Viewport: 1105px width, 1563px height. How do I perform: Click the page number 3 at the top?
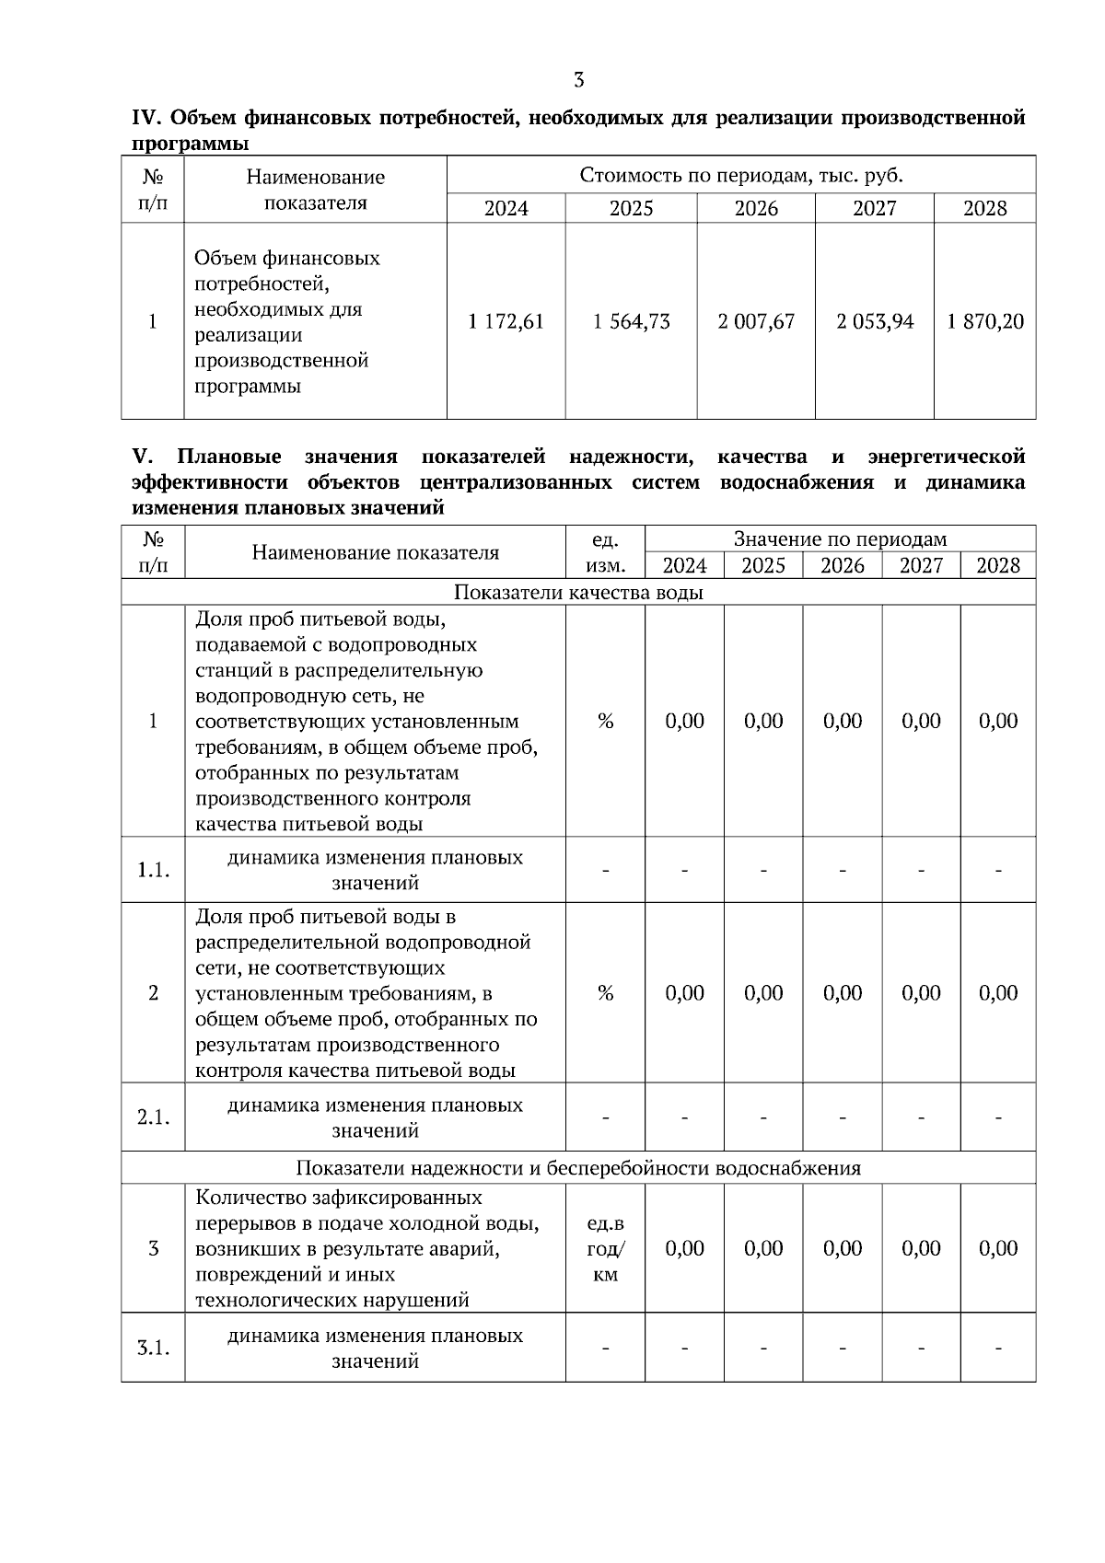[578, 80]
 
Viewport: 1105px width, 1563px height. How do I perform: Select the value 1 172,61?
[506, 321]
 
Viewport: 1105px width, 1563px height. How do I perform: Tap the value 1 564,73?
[631, 321]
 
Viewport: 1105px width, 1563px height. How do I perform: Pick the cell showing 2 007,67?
[756, 321]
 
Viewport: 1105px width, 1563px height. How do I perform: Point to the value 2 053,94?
[875, 321]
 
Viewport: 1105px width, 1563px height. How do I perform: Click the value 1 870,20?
[985, 321]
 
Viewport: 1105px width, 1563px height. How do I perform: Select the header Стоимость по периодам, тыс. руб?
[741, 175]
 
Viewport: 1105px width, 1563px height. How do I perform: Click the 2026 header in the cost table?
[756, 208]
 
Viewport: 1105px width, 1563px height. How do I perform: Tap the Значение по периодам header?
[840, 538]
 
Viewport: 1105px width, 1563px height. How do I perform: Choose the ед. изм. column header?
[605, 551]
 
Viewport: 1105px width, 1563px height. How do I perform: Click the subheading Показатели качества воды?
[578, 592]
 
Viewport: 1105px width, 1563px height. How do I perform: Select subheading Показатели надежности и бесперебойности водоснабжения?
[578, 1168]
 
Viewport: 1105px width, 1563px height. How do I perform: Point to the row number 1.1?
[153, 870]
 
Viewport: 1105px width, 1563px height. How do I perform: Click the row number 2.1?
[153, 1117]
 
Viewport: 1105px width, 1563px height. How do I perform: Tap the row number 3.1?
[153, 1349]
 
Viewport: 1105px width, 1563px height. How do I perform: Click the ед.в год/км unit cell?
[605, 1249]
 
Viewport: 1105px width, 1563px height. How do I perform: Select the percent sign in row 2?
[605, 992]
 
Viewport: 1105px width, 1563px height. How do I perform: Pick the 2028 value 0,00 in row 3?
[998, 1248]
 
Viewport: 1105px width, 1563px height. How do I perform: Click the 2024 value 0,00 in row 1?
[684, 721]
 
